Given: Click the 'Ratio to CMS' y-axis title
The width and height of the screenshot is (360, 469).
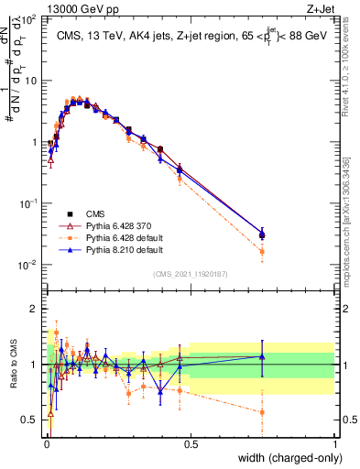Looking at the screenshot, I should (12, 378).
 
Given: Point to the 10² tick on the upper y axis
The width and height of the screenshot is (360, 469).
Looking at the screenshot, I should (31, 18).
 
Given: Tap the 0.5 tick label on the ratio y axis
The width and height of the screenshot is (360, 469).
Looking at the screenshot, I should (31, 420).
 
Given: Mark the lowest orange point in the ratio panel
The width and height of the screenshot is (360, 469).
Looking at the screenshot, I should (262, 412).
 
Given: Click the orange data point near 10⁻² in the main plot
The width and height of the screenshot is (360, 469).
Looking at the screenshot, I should (262, 251).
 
